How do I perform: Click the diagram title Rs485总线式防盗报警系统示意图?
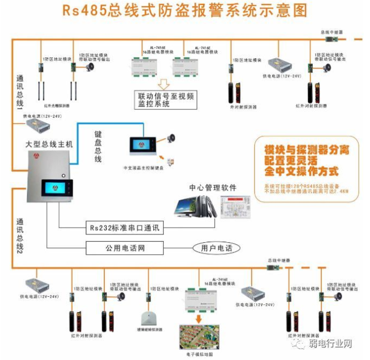coord(184,11)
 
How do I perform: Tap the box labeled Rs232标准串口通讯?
coord(125,227)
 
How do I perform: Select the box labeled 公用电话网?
coord(125,248)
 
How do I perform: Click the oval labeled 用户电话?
coord(216,248)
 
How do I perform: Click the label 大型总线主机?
coord(49,143)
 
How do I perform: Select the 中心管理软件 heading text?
coord(213,188)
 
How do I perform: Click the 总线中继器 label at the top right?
coord(331,33)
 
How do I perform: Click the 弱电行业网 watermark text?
coord(332,344)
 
